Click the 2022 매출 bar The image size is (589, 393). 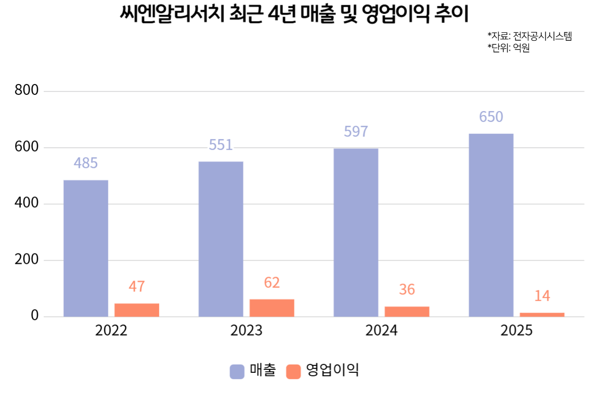pyautogui.click(x=86, y=248)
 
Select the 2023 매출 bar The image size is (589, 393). pyautogui.click(x=221, y=239)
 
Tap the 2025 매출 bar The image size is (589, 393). pyautogui.click(x=491, y=225)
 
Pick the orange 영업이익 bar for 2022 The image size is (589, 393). pyautogui.click(x=137, y=310)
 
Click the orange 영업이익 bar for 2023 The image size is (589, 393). pyautogui.click(x=272, y=308)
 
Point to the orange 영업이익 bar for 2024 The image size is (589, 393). pyautogui.click(x=407, y=311)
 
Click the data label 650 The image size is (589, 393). pyautogui.click(x=491, y=117)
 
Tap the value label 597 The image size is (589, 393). pyautogui.click(x=356, y=132)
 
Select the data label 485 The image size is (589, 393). pyautogui.click(x=86, y=163)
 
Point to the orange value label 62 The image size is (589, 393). pyautogui.click(x=272, y=282)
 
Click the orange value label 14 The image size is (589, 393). pyautogui.click(x=542, y=296)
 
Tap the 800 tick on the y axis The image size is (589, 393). pyautogui.click(x=27, y=91)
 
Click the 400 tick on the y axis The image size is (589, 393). pyautogui.click(x=27, y=204)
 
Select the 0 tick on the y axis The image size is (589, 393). pyautogui.click(x=34, y=316)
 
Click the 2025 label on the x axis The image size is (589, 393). pyautogui.click(x=516, y=331)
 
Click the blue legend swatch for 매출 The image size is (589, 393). pyautogui.click(x=237, y=371)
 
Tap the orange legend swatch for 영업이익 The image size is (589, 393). pyautogui.click(x=293, y=371)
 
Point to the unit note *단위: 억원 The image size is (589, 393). pyautogui.click(x=509, y=48)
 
